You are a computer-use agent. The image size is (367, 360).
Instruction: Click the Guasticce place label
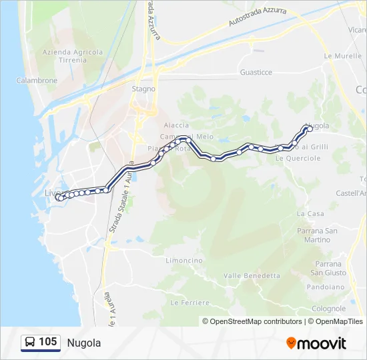tap(256, 72)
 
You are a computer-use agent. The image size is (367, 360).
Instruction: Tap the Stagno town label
tap(143, 89)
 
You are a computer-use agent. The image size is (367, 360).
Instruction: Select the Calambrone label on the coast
tap(37, 81)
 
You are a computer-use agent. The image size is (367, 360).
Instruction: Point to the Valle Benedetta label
tap(252, 275)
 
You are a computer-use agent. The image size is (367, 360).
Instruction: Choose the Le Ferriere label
tap(190, 303)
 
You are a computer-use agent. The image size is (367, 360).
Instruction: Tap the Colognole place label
tap(328, 309)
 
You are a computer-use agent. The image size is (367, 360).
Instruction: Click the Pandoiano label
tap(325, 287)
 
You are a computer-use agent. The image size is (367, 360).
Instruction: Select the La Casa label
tap(310, 214)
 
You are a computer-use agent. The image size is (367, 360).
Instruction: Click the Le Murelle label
tap(338, 56)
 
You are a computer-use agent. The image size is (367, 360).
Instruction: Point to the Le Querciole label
tap(298, 159)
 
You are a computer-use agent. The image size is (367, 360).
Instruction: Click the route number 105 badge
tap(48, 342)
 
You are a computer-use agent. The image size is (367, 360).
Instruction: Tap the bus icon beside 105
tap(31, 343)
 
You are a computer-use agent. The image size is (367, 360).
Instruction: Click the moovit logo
tap(316, 343)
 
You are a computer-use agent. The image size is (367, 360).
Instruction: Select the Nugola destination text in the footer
tap(84, 343)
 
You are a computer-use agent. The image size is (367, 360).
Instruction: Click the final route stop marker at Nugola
tap(310, 129)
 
